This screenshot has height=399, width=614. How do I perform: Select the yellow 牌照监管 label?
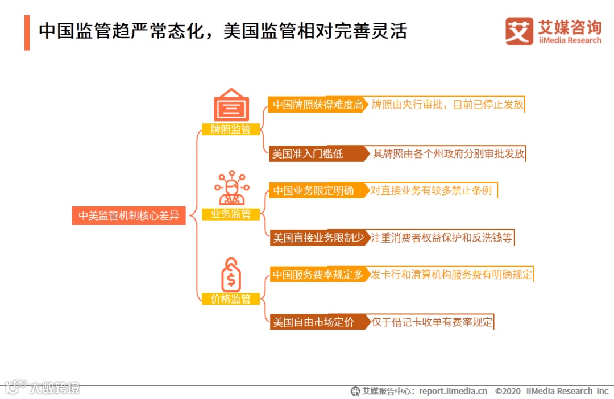(231, 129)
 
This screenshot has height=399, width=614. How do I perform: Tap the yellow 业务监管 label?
(231, 214)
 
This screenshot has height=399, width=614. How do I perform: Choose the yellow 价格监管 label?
(231, 298)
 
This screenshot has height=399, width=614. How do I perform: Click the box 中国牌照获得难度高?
(317, 105)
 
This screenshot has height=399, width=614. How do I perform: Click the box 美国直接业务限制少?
(318, 238)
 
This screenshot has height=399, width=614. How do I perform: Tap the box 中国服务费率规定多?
(317, 275)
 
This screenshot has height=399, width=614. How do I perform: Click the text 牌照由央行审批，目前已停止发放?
(447, 105)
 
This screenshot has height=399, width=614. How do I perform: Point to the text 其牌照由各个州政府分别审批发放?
(448, 154)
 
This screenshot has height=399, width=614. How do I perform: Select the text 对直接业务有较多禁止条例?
(431, 190)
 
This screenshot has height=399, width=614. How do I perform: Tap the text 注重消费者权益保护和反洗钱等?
(441, 238)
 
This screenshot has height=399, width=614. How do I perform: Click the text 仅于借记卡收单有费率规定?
(432, 322)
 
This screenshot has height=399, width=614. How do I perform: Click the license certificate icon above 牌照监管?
(231, 105)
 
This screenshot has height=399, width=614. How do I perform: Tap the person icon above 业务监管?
(231, 188)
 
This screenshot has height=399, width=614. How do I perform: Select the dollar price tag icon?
(231, 275)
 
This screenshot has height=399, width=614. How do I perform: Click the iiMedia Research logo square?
(519, 31)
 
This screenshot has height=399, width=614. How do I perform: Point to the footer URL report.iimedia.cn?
(453, 391)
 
